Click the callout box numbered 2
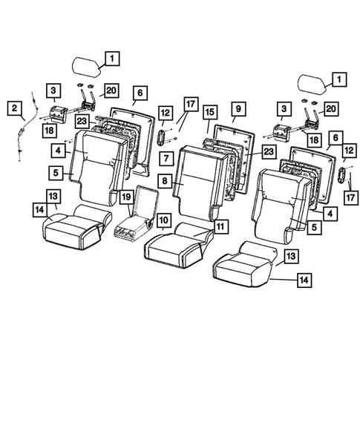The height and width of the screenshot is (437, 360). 14,108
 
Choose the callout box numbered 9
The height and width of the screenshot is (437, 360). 239,108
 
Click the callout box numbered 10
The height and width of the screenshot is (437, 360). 163,220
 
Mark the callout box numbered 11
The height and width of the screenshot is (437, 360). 220,224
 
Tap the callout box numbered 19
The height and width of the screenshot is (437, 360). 127,197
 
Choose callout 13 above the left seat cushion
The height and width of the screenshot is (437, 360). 53,194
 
